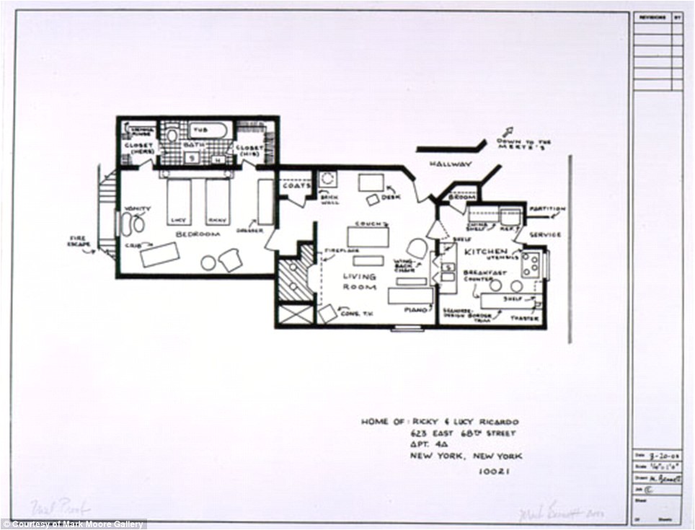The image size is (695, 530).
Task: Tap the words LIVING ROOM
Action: tap(360, 281)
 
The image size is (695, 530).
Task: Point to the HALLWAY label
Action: tap(451, 164)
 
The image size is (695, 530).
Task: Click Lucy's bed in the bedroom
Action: tap(179, 201)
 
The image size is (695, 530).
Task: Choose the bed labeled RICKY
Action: tap(217, 201)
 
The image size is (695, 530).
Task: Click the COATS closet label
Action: tap(297, 185)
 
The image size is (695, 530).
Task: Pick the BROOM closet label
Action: tap(461, 196)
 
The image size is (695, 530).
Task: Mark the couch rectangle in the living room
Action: tap(368, 237)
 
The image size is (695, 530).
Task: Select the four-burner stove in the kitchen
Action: tap(532, 264)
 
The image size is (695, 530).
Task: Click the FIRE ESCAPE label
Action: tap(80, 242)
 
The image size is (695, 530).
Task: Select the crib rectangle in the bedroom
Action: tap(159, 255)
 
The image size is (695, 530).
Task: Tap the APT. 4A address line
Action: tap(429, 445)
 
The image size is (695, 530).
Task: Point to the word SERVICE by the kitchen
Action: tap(545, 235)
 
